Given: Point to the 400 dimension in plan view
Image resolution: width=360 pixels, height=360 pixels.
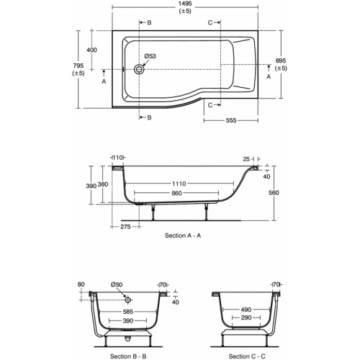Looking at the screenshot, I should coord(91,50).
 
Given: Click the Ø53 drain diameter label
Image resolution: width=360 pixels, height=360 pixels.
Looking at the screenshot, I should coord(150,56).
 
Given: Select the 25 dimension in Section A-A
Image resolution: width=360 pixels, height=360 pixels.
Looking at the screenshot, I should coord(246,158).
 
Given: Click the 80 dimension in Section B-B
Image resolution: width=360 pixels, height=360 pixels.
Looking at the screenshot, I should coord(81,285).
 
